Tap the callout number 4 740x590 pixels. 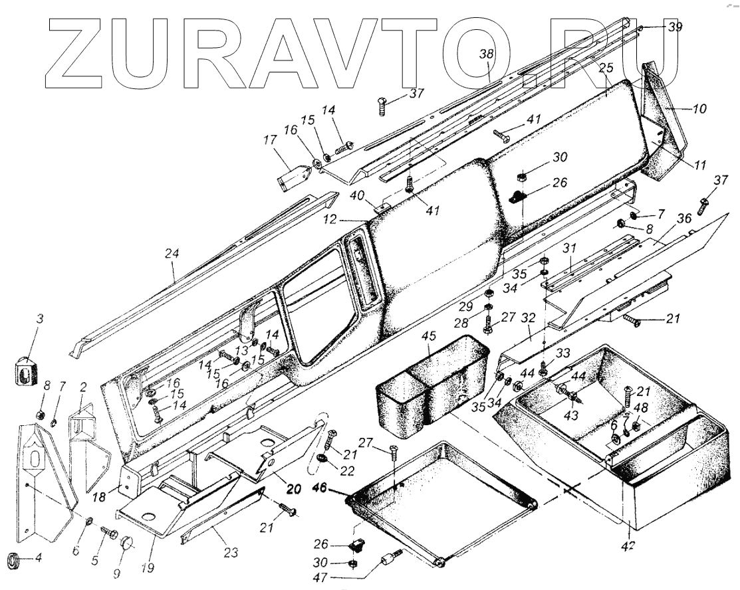(39, 558)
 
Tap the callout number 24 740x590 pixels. (174, 253)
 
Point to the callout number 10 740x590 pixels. (699, 108)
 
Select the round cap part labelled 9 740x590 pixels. (127, 546)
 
